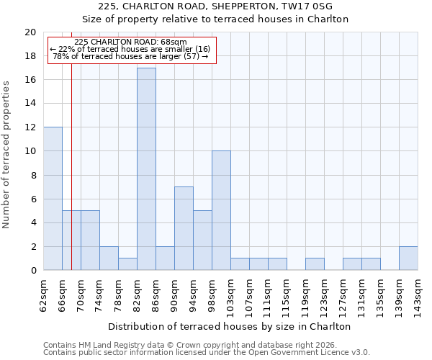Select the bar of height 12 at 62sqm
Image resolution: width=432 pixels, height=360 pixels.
pyautogui.click(x=53, y=199)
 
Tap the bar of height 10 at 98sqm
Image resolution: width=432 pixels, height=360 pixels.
pyautogui.click(x=221, y=211)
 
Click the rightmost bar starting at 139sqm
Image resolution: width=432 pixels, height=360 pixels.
pyautogui.click(x=408, y=258)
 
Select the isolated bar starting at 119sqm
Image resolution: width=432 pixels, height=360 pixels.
pyautogui.click(x=315, y=264)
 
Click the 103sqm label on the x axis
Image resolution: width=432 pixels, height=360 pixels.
pyautogui.click(x=231, y=295)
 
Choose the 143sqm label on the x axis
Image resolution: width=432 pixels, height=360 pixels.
pyautogui.click(x=418, y=295)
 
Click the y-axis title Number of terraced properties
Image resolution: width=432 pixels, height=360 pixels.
pyautogui.click(x=7, y=154)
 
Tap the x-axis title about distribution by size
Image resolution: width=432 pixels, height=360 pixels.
pyautogui.click(x=230, y=326)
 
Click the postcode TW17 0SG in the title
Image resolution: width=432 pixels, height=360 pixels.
pyautogui.click(x=312, y=6)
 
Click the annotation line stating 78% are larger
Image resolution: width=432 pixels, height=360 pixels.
pyautogui.click(x=130, y=56)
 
